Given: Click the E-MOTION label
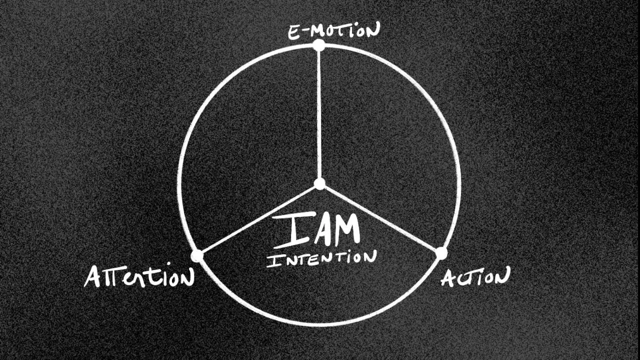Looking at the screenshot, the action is [333, 32].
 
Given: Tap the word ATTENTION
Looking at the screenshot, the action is [138, 276].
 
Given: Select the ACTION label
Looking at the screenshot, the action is [475, 276].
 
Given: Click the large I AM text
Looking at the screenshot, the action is [316, 230].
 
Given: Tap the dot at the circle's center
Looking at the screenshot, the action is [319, 183].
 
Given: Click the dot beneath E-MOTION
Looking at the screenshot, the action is [318, 45].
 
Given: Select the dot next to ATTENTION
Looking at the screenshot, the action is [197, 255].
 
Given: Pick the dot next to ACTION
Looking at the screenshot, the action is [441, 253].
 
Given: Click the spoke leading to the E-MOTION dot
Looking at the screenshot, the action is [319, 115].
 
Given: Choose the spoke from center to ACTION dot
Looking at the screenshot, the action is [380, 218].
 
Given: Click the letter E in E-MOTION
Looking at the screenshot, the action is [293, 33].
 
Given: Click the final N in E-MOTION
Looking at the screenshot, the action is [371, 31].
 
